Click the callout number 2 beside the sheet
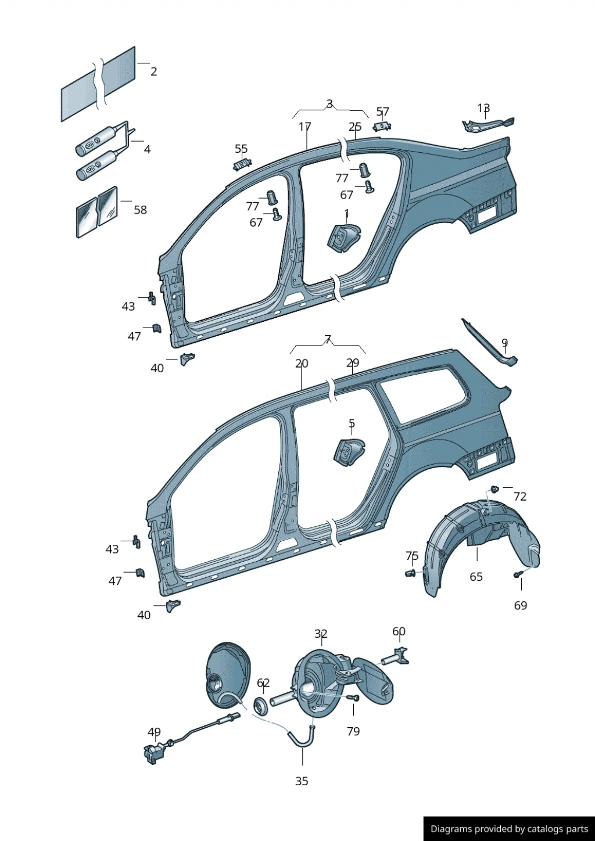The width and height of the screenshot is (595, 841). (x=153, y=71)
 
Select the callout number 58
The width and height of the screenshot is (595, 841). (x=141, y=210)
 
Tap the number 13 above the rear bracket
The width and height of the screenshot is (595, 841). (x=483, y=108)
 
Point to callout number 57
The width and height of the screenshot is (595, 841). (x=383, y=112)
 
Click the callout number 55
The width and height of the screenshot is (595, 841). (x=241, y=149)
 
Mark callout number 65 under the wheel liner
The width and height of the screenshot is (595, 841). (x=476, y=576)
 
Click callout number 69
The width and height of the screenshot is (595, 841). (x=521, y=605)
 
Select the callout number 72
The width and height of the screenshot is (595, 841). (x=520, y=497)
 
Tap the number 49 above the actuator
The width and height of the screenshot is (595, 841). (x=154, y=732)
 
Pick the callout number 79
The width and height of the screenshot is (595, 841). (x=353, y=731)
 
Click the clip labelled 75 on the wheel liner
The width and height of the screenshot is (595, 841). (x=411, y=573)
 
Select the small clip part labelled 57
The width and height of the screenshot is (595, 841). (x=382, y=127)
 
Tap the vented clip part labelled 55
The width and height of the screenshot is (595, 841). (x=242, y=164)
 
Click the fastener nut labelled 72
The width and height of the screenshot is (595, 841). (x=494, y=488)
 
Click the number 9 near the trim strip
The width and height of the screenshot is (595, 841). (x=505, y=343)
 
